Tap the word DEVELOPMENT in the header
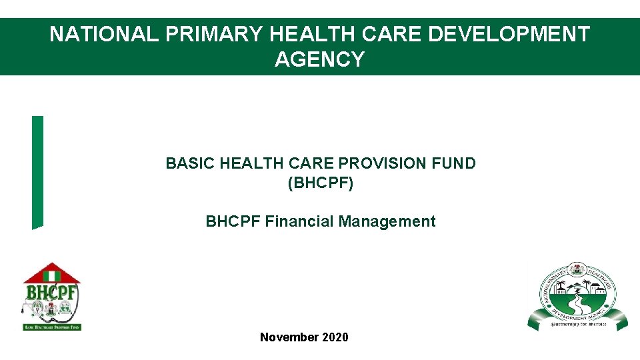click(x=509, y=34)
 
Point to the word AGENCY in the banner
click(x=319, y=59)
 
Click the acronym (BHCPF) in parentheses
click(x=320, y=183)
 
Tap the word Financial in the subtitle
click(x=299, y=221)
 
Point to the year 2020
click(x=335, y=337)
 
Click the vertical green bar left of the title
click(x=37, y=172)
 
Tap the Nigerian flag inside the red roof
click(x=51, y=274)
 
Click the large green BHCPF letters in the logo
click(x=51, y=293)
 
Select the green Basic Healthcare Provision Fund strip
click(x=51, y=327)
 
